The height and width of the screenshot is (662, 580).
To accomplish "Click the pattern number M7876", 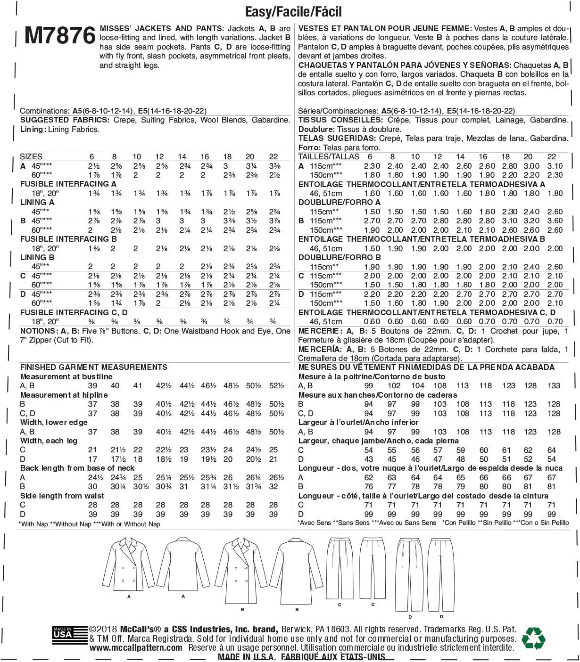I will [x=60, y=35].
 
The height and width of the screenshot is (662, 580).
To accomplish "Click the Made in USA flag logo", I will [x=62, y=635].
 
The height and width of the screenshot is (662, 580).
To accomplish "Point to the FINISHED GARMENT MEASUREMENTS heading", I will [x=93, y=367].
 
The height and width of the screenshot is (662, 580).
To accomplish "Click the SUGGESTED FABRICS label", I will [x=65, y=120].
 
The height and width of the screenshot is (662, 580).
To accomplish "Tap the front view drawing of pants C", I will [x=340, y=569].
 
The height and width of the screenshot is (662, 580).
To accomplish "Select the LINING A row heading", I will [x=37, y=202].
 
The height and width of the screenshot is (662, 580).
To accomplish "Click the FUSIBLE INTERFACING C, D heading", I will [x=74, y=312].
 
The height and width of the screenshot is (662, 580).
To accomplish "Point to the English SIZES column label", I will [x=31, y=156].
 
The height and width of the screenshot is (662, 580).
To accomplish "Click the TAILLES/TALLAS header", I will [x=329, y=156].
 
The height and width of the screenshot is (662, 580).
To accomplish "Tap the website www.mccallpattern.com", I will [x=136, y=648].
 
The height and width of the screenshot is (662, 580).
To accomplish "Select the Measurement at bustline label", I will [x=66, y=376].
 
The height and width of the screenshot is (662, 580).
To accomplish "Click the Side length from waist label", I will [x=62, y=496].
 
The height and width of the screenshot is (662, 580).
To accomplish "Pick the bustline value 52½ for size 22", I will [x=276, y=385].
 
